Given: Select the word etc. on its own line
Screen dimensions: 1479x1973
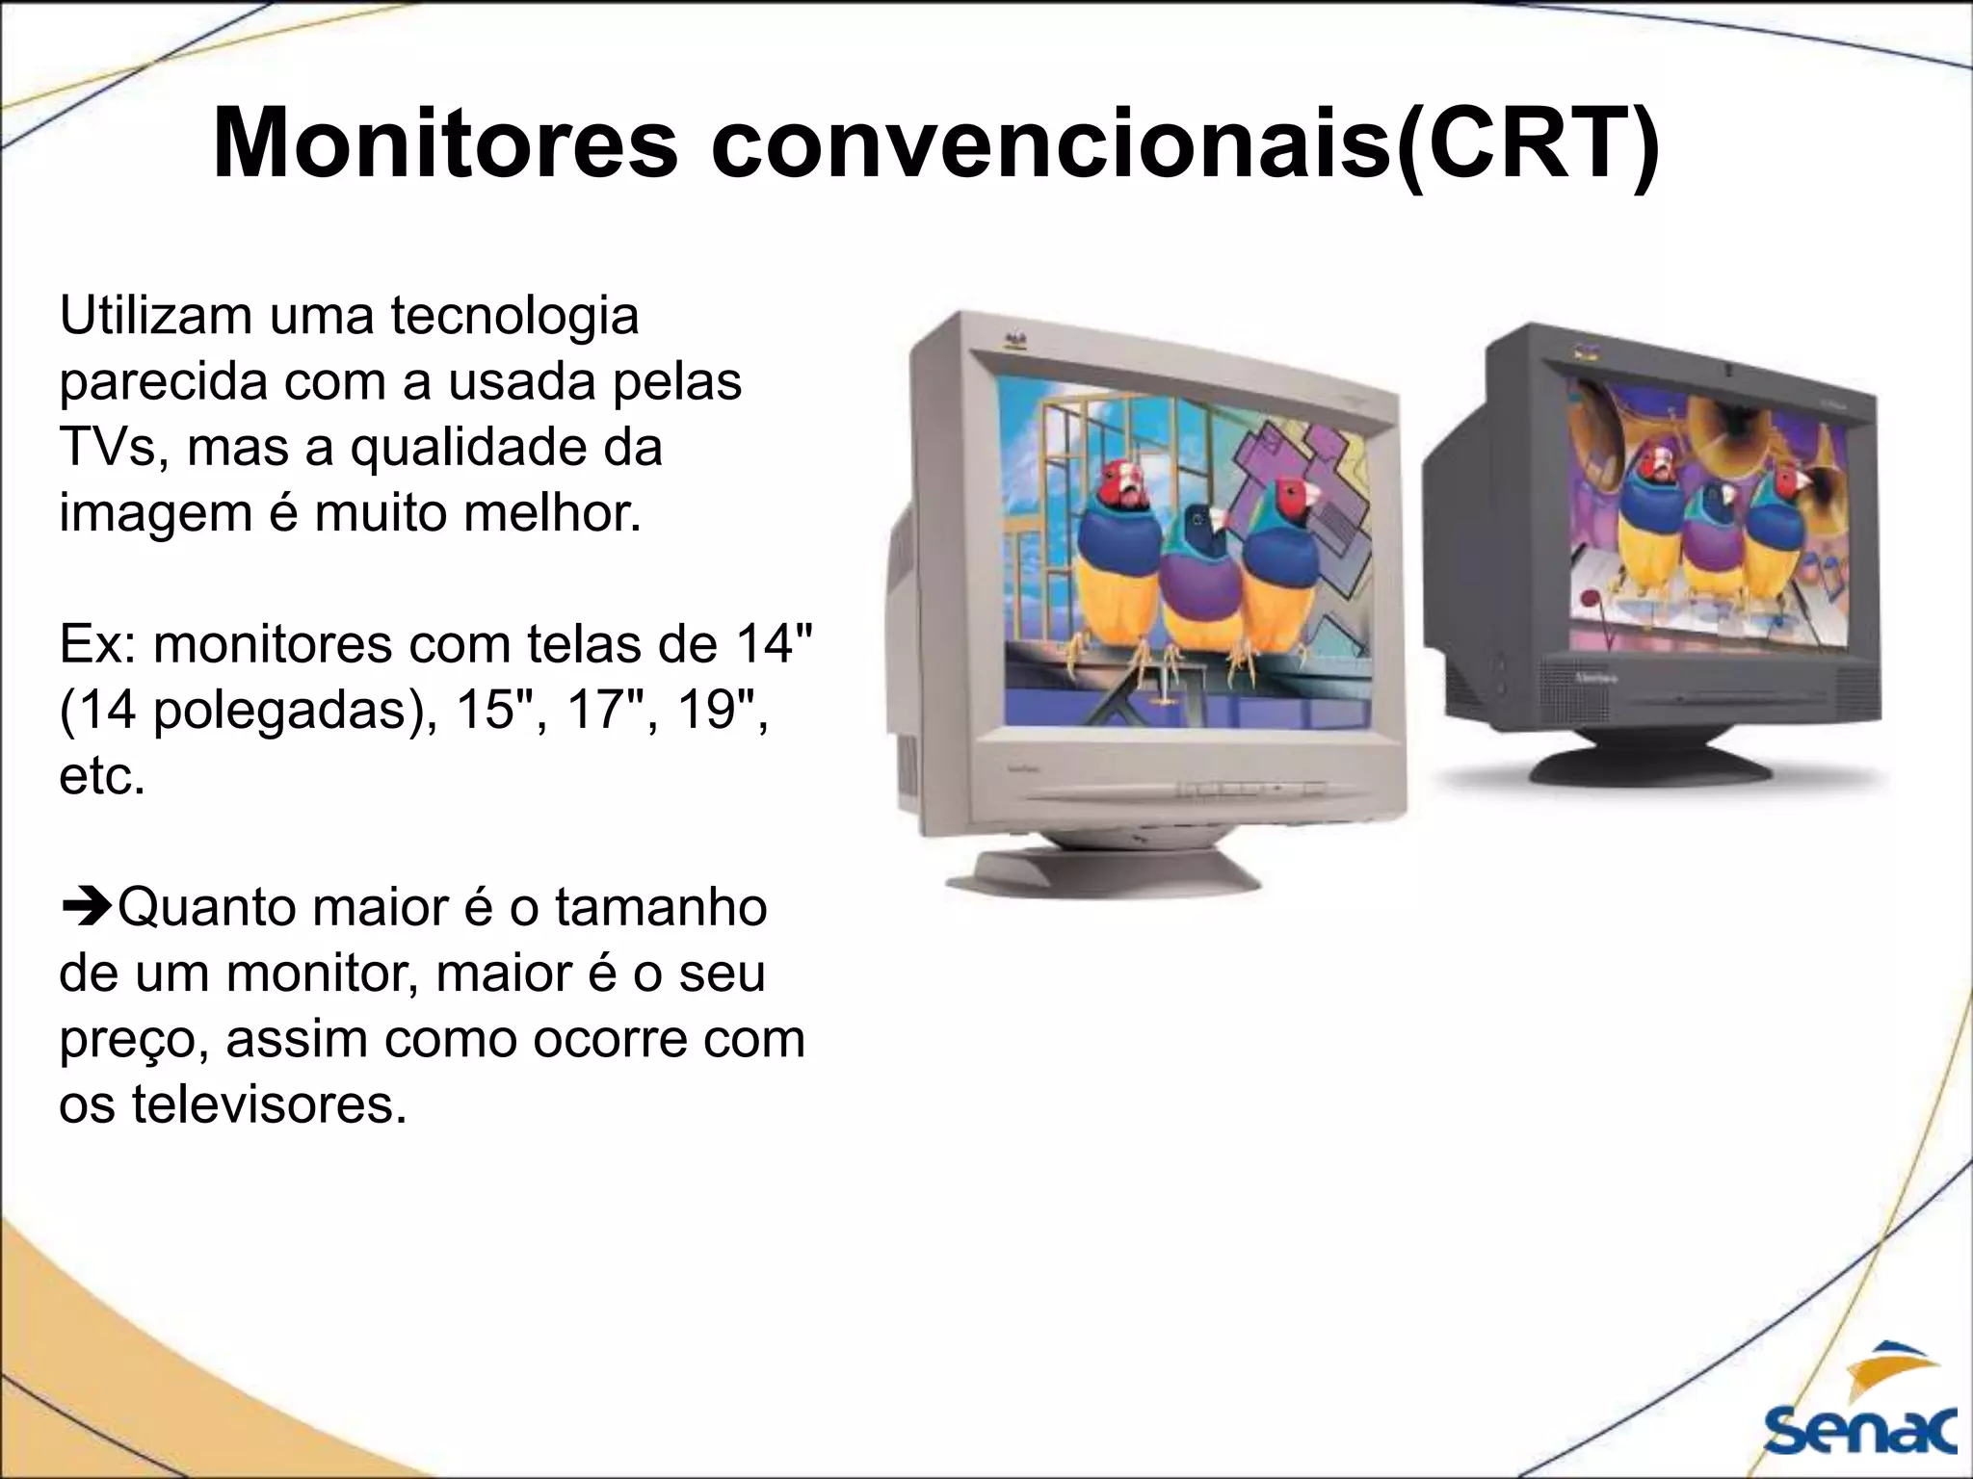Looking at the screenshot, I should pyautogui.click(x=102, y=776).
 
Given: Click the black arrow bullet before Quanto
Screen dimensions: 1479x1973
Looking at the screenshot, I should pyautogui.click(x=87, y=908).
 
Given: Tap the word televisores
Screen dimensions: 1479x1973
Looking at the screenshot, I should pyautogui.click(x=269, y=1104).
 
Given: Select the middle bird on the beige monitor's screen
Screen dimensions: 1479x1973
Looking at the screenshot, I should pyautogui.click(x=1198, y=578).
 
